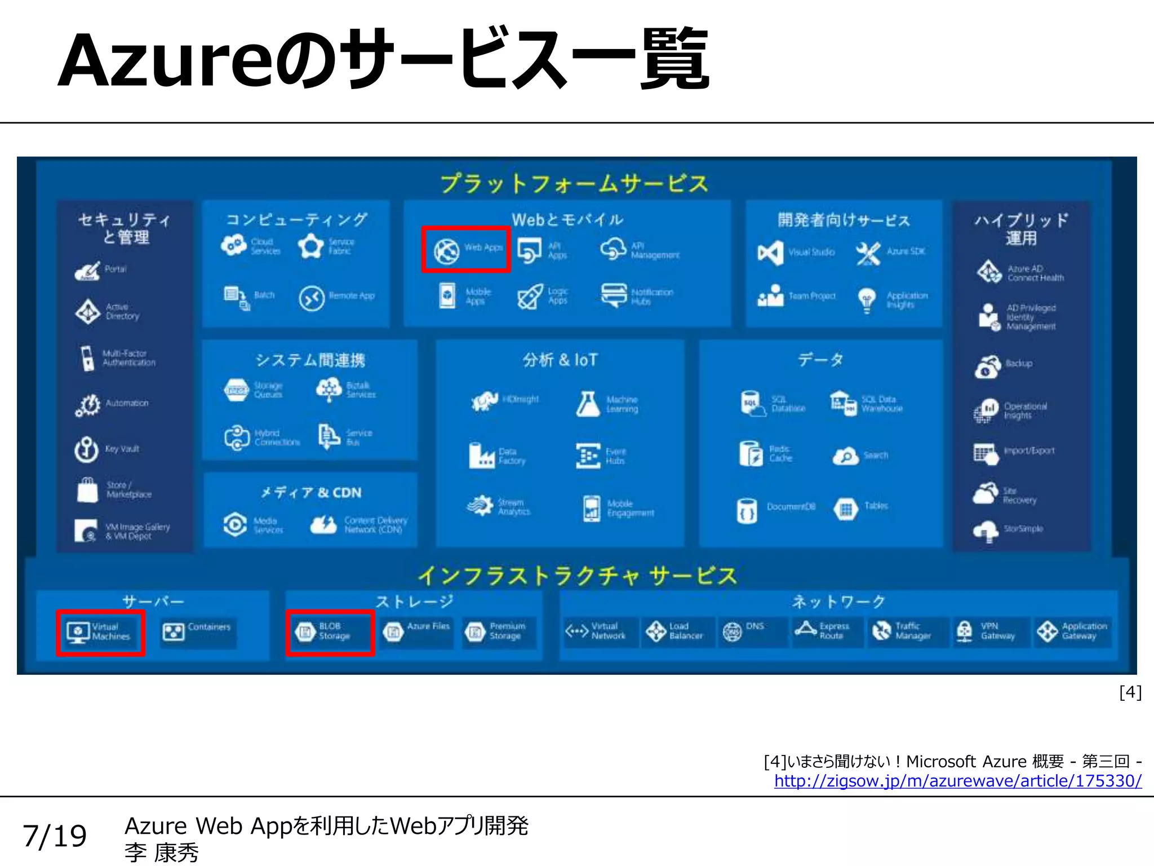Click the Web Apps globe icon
(x=446, y=251)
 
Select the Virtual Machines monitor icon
(x=78, y=631)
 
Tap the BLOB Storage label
(x=334, y=631)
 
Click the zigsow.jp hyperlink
(x=957, y=781)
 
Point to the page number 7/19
(x=55, y=836)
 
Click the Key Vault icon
(x=87, y=449)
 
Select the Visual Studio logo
(x=770, y=252)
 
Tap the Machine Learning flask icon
(x=588, y=404)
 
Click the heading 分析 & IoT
(x=560, y=360)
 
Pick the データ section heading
(x=820, y=360)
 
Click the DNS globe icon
(x=732, y=631)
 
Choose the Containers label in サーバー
(x=209, y=627)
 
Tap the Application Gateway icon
(x=1047, y=631)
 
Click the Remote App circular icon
(x=312, y=297)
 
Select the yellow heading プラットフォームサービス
(x=574, y=184)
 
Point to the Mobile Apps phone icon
(x=447, y=296)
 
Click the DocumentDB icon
(x=747, y=510)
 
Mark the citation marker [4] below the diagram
(x=1130, y=692)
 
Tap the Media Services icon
(x=235, y=524)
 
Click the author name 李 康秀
(x=162, y=853)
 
